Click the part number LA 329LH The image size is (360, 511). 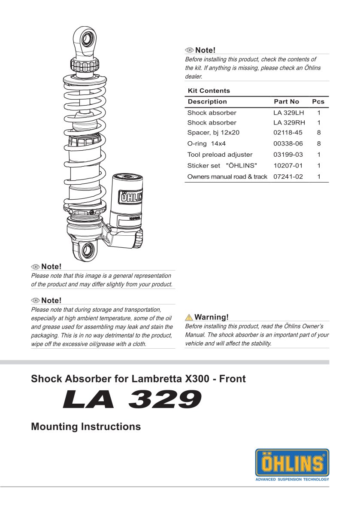pyautogui.click(x=288, y=113)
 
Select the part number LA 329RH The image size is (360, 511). pyautogui.click(x=288, y=122)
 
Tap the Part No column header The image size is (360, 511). pyautogui.click(x=286, y=102)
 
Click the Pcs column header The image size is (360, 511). pyautogui.click(x=318, y=102)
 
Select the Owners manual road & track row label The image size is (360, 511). pyautogui.click(x=227, y=176)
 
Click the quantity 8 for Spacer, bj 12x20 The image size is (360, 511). pyautogui.click(x=319, y=133)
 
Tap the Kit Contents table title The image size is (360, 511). pyautogui.click(x=209, y=91)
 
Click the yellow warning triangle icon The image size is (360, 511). pyautogui.click(x=189, y=317)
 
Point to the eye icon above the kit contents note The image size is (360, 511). pyautogui.click(x=189, y=50)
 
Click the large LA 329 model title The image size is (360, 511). pyautogui.click(x=132, y=400)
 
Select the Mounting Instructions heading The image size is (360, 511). pyautogui.click(x=86, y=426)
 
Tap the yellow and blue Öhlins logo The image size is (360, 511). pyautogui.click(x=292, y=463)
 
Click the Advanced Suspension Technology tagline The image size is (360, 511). pyautogui.click(x=292, y=479)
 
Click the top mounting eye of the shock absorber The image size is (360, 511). pyautogui.click(x=87, y=39)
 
